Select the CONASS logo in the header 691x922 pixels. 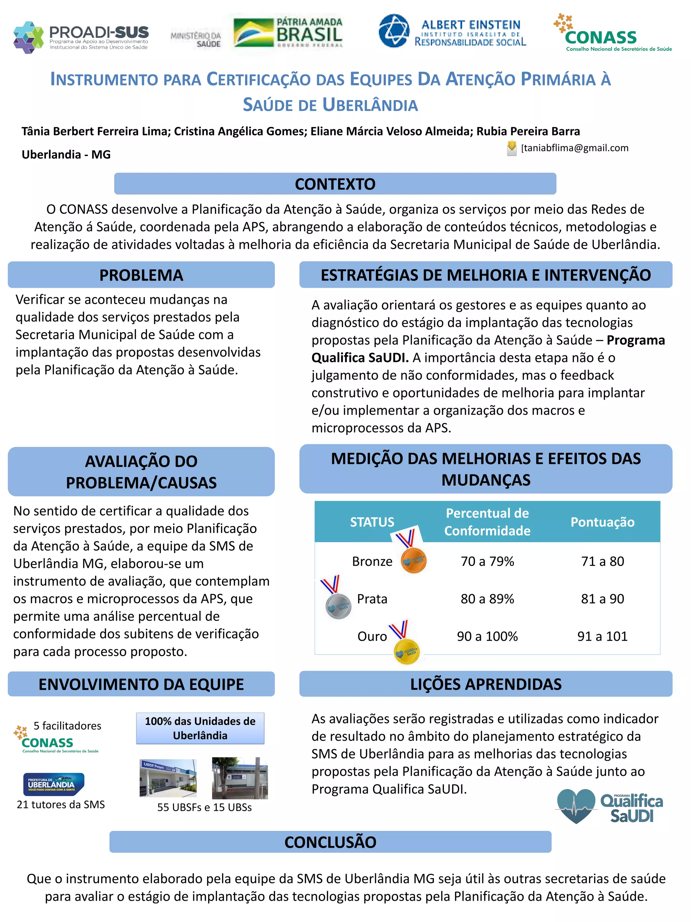tap(612, 33)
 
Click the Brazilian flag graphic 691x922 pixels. tap(253, 32)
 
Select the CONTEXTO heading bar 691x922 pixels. tap(335, 184)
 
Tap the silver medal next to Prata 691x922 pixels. tap(338, 606)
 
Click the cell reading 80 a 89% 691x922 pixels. tap(487, 599)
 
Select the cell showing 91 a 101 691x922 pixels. tap(602, 636)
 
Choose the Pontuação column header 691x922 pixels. tap(602, 522)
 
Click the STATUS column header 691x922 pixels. tap(371, 522)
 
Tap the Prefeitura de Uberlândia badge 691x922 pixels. tap(54, 784)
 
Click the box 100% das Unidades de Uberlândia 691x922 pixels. tap(200, 728)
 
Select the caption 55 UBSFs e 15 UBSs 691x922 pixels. tap(204, 807)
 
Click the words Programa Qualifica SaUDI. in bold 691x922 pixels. tap(487, 349)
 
